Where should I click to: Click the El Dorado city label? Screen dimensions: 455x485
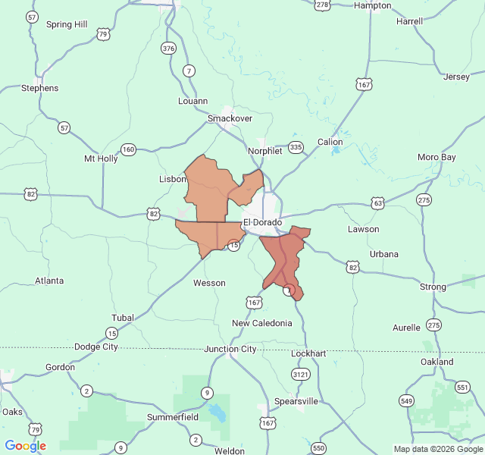(x=262, y=223)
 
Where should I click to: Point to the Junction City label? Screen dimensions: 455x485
(x=230, y=349)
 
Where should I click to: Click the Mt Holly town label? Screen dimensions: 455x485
(x=101, y=158)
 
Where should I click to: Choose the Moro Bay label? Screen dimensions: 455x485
(x=437, y=157)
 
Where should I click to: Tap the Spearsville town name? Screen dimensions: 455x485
(x=296, y=400)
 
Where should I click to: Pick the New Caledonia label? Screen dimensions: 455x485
(x=261, y=323)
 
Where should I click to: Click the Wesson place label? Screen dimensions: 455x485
(x=209, y=283)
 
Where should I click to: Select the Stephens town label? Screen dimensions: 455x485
(x=39, y=88)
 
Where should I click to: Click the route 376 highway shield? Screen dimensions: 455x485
(x=168, y=49)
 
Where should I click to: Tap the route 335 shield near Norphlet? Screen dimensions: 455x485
(x=296, y=147)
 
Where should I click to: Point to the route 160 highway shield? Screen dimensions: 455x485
(x=128, y=149)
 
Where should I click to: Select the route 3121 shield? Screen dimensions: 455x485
(x=300, y=374)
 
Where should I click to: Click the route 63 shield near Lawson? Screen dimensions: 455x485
(x=377, y=203)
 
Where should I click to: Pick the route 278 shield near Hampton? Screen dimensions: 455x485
(x=323, y=5)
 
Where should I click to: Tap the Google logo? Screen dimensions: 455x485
(x=25, y=446)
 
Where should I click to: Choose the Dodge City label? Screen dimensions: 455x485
(x=96, y=347)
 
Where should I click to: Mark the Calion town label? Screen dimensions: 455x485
(x=330, y=142)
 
